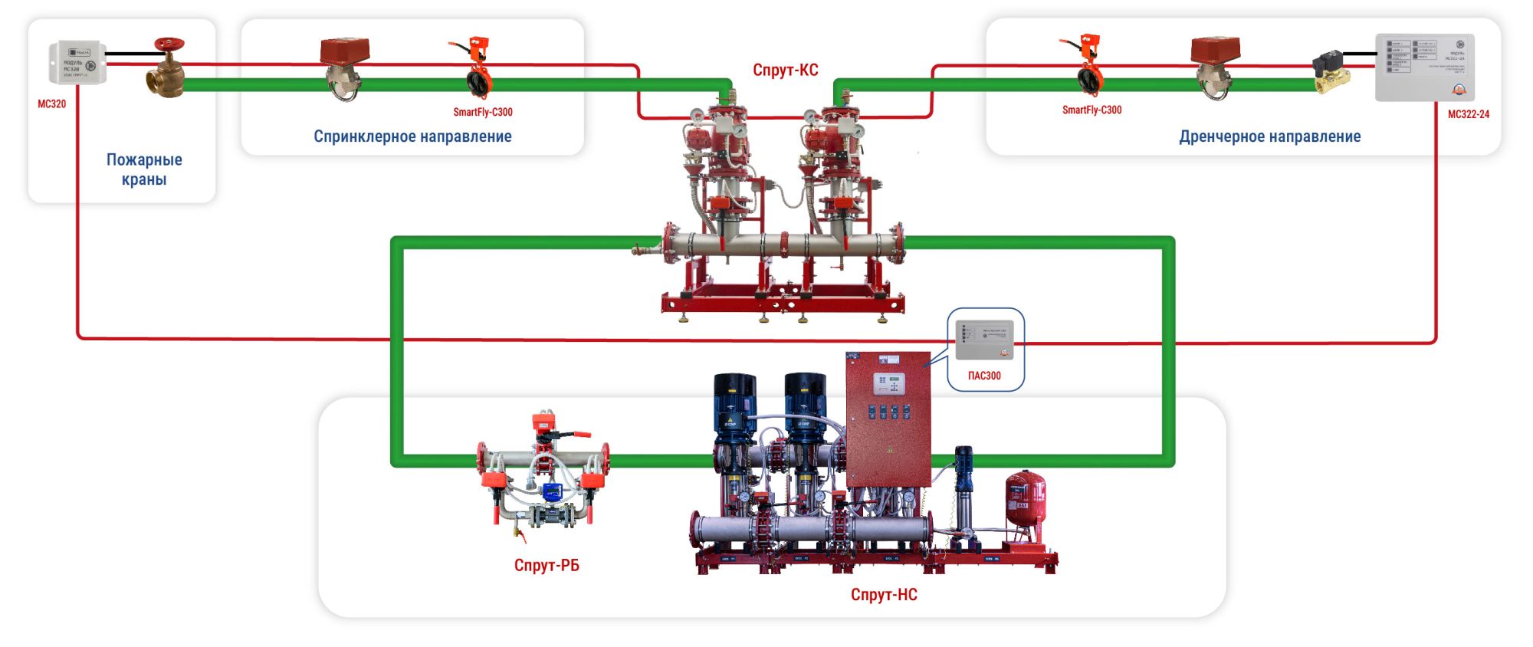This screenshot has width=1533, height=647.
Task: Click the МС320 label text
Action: tap(52, 104)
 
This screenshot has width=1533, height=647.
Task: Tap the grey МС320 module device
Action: tap(77, 62)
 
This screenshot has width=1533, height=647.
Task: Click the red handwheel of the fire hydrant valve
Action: tap(169, 44)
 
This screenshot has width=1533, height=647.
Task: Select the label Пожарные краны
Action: tap(144, 169)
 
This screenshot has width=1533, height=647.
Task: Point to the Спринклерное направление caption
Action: tap(412, 136)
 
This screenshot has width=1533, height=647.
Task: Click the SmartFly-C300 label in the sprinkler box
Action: tap(482, 112)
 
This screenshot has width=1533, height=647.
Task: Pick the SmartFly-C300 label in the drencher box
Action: tap(1091, 110)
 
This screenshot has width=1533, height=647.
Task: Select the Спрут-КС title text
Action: tap(785, 71)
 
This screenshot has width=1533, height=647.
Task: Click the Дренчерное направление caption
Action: tap(1269, 137)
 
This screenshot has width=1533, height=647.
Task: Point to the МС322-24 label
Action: tap(1468, 114)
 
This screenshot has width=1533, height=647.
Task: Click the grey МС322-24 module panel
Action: tap(1424, 67)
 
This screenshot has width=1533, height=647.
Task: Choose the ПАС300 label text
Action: tap(984, 376)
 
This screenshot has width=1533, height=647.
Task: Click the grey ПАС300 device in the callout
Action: tap(984, 340)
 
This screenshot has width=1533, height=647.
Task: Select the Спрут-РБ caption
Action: tap(547, 566)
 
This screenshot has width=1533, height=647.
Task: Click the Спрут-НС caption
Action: tap(884, 595)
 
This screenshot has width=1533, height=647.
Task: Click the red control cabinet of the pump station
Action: tap(888, 418)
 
